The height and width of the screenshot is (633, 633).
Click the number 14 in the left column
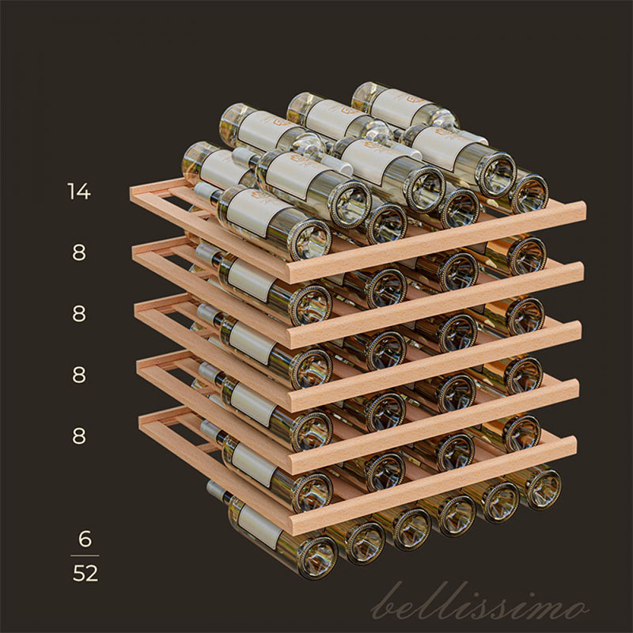79,191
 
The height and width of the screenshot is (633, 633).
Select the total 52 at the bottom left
85,573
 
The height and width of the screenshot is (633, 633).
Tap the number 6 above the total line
85,539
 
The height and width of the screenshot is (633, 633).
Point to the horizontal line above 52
85,556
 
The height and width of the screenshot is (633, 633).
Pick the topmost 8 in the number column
79,252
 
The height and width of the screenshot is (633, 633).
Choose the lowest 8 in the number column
79,436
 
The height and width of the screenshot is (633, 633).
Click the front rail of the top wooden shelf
437,241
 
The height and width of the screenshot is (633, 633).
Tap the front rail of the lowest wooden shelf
433,479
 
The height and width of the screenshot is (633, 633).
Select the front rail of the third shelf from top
435,365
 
